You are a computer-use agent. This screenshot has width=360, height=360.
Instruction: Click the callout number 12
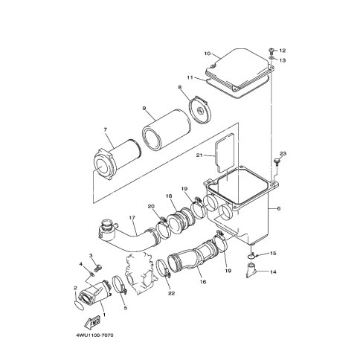283,51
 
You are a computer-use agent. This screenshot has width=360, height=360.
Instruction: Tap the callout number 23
283,154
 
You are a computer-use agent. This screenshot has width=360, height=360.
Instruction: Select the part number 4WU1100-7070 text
94,335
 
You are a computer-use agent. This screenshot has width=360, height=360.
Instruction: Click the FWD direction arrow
92,322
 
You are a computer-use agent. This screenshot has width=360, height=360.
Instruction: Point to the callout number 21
199,155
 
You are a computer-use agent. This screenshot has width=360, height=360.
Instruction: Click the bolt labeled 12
271,51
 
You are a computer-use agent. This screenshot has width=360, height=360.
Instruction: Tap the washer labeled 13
271,58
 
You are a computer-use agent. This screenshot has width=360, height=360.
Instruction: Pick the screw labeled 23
277,162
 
